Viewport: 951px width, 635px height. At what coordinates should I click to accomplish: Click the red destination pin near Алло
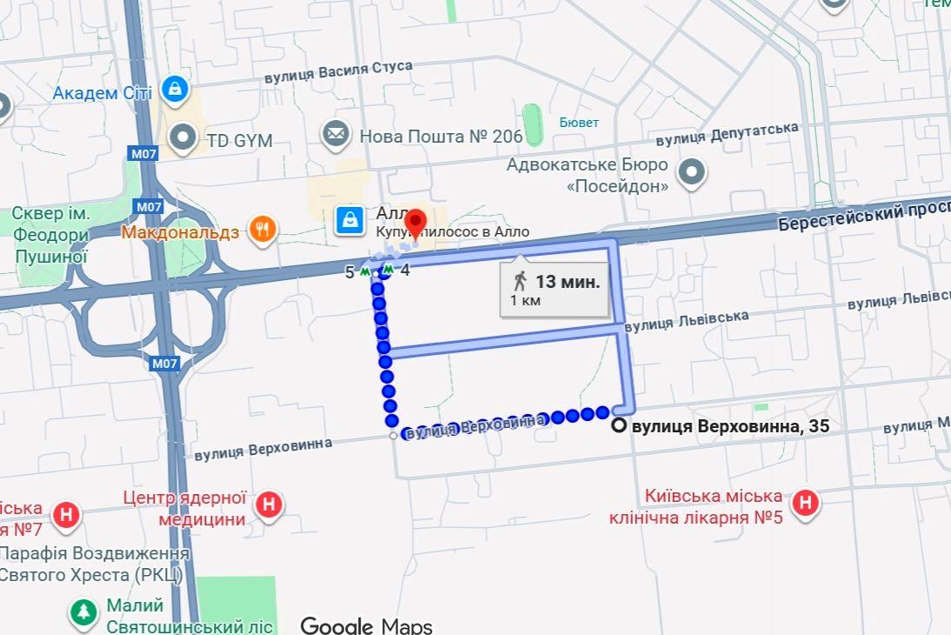point(416,223)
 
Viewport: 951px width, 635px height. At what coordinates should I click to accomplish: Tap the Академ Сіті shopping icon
point(176,90)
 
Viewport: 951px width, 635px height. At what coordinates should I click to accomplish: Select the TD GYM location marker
point(183,137)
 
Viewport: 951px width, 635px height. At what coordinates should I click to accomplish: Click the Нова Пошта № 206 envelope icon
point(335,135)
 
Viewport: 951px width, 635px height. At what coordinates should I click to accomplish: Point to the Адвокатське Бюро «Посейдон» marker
point(691,173)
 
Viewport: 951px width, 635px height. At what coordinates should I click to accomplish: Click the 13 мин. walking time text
point(568,281)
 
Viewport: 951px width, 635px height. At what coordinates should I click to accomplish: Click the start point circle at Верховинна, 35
point(619,426)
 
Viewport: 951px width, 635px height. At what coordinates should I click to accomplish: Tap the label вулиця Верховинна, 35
point(730,426)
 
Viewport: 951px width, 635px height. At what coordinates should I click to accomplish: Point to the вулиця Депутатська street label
point(727,134)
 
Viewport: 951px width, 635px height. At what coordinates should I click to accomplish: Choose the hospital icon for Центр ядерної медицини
point(269,504)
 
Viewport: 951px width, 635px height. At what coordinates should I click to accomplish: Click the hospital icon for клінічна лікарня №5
point(806,503)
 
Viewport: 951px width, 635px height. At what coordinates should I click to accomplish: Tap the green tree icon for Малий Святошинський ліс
point(83,612)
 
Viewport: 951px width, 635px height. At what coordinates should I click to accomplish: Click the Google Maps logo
point(366,625)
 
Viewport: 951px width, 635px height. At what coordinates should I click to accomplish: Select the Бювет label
point(579,123)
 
